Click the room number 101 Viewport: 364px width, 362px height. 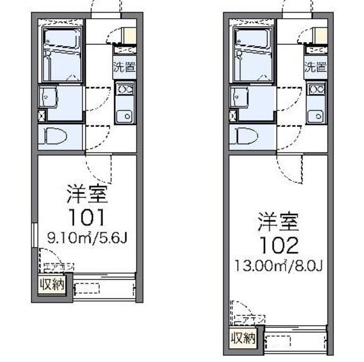tap(87, 217)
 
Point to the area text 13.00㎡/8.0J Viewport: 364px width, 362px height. tap(278, 266)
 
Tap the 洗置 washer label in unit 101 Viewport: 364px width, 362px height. tap(124, 66)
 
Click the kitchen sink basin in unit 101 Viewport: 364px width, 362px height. tap(123, 116)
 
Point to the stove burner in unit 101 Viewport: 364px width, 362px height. tap(124, 89)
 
